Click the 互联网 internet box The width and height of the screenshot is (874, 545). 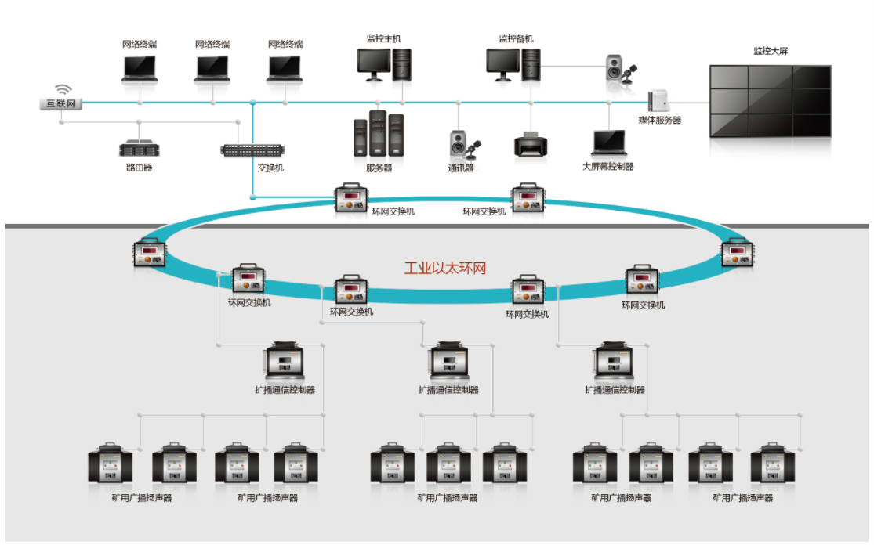60,103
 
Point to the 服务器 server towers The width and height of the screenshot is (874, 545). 379,135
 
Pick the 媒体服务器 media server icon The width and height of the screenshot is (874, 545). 658,101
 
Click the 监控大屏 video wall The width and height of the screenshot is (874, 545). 769,100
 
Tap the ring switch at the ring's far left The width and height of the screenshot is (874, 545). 149,252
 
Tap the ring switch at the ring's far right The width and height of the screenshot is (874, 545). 737,252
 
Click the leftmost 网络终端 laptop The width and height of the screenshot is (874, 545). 140,68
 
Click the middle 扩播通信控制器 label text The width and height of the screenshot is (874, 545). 448,390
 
